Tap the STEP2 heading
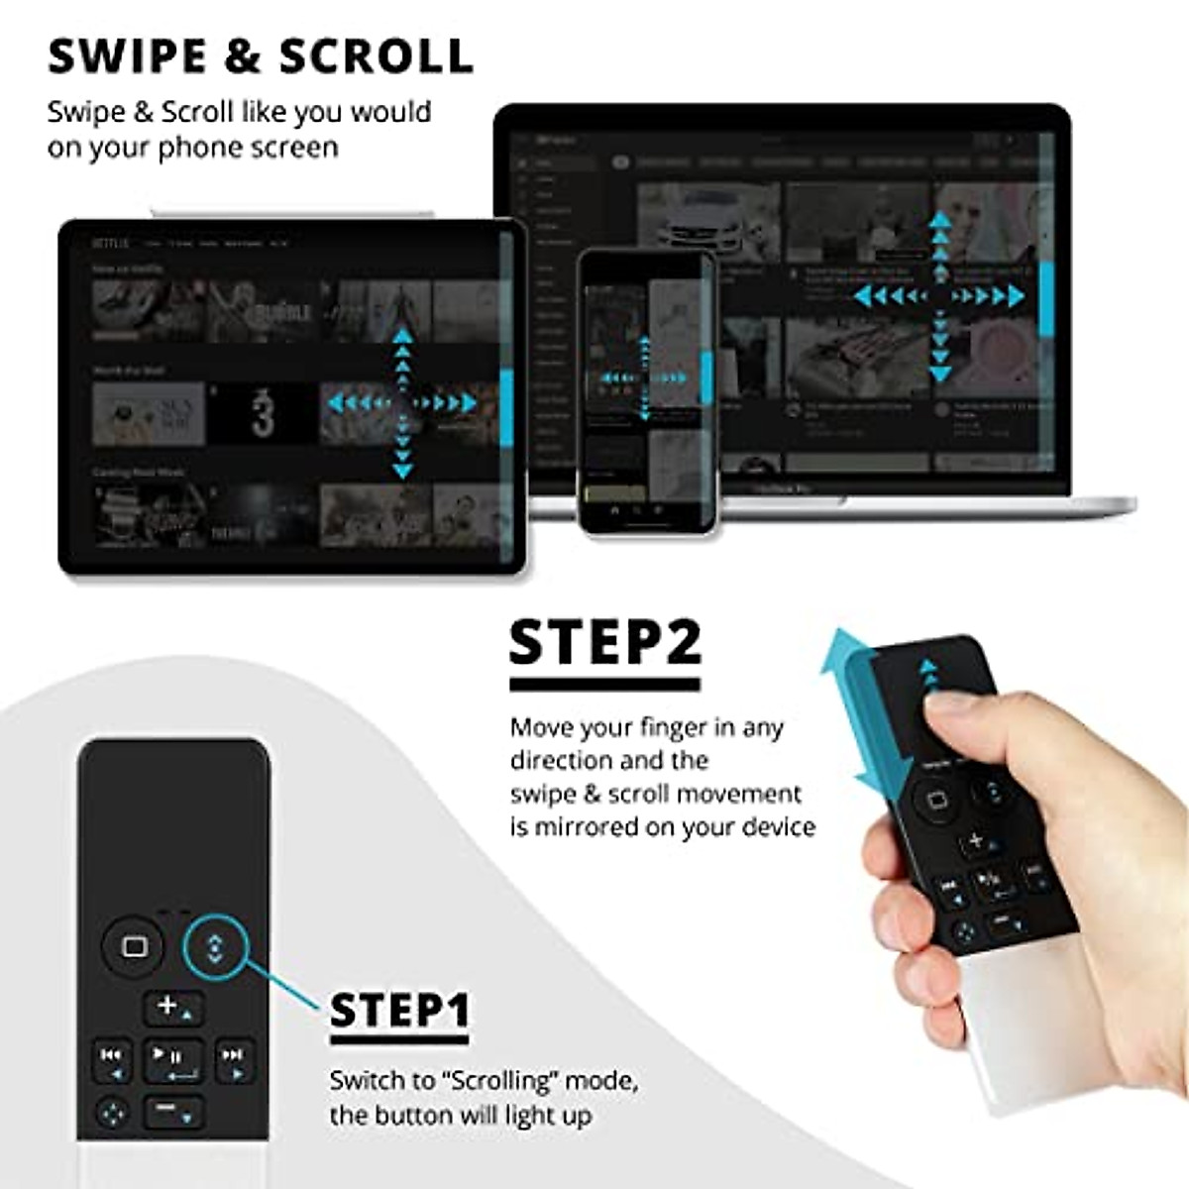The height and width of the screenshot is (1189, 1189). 604,642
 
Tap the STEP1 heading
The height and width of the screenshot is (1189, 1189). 399,1011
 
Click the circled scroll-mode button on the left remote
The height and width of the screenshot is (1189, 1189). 215,947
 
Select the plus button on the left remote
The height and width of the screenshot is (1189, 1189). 173,1008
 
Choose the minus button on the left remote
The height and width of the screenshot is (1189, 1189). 173,1112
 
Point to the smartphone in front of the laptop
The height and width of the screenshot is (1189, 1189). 647,391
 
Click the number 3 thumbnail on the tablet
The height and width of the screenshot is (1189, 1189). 262,414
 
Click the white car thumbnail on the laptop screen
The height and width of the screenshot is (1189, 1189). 707,223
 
